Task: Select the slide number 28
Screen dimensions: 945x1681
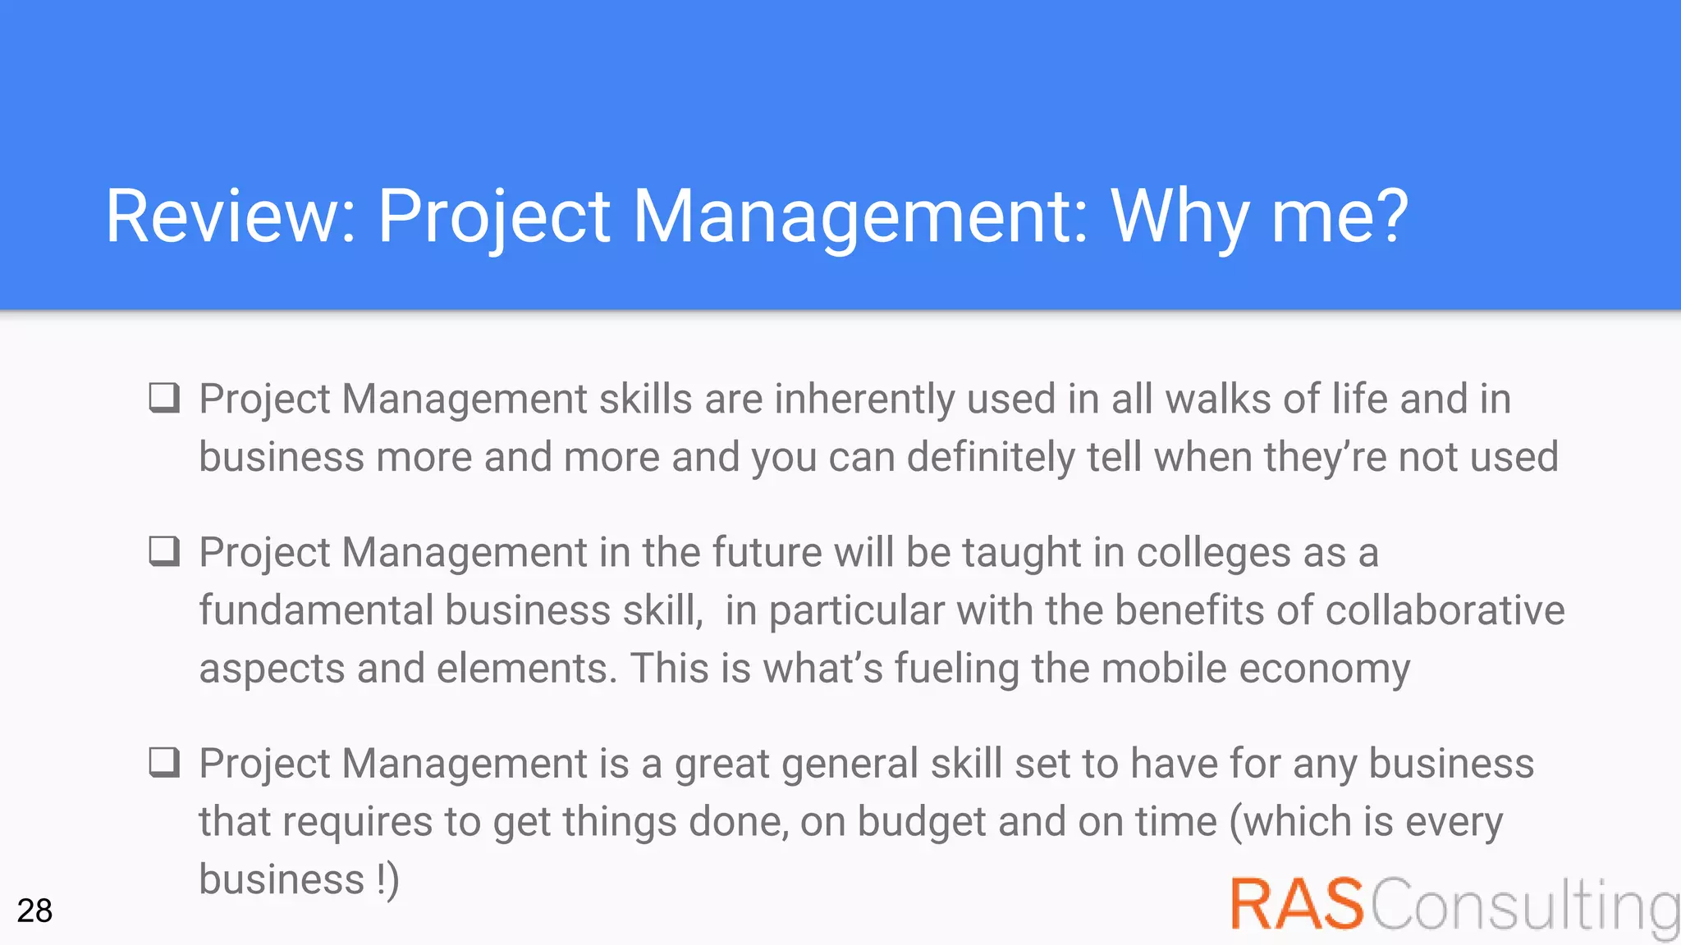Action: [x=34, y=911]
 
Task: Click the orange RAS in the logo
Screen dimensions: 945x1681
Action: [x=1296, y=904]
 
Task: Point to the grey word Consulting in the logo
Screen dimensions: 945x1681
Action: [x=1525, y=906]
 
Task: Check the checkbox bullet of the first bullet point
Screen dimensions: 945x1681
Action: [x=164, y=398]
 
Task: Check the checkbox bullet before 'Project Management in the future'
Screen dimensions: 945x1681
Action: [x=164, y=551]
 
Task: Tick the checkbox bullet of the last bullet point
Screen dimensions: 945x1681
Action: [x=164, y=762]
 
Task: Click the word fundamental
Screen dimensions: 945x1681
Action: [x=316, y=610]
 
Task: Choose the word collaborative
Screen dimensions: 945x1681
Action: [x=1445, y=610]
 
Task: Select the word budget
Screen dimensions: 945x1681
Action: [x=921, y=822]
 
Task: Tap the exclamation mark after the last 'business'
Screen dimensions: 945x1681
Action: [x=382, y=879]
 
